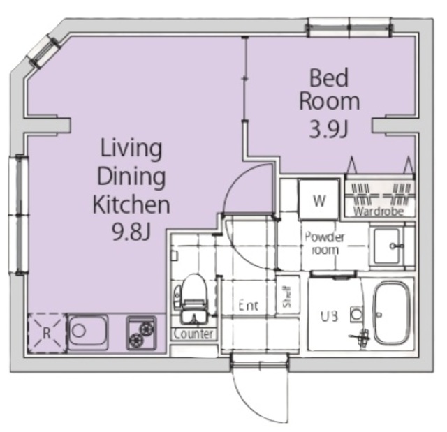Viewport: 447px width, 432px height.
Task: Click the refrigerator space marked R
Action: [47, 333]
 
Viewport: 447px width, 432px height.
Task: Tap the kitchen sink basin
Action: [88, 332]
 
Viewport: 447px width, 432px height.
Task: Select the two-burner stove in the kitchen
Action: [141, 333]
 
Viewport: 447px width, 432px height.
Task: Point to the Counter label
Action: [193, 334]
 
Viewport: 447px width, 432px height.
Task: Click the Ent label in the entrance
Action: [249, 306]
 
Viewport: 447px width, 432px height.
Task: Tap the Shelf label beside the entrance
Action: [287, 297]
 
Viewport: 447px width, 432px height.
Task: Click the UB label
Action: [330, 316]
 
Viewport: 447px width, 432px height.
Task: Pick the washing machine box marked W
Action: [319, 200]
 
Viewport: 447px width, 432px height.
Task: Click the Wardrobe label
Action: [379, 211]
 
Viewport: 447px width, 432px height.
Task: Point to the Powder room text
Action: [325, 243]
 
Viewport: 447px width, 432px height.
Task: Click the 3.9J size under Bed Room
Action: [329, 130]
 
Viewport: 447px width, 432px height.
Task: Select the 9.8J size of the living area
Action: [131, 231]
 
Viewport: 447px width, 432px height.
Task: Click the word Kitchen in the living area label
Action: [131, 204]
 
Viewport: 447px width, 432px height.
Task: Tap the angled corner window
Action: [43, 52]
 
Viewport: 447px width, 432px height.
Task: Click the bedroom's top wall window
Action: [349, 28]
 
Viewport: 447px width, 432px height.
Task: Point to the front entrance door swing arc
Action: [251, 405]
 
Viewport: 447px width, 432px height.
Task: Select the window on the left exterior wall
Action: [19, 214]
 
